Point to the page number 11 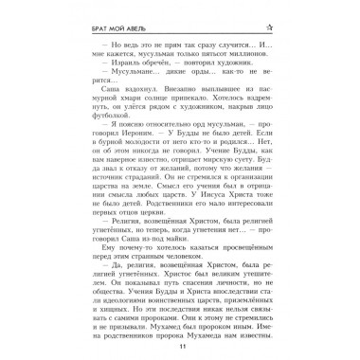tap(179, 347)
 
